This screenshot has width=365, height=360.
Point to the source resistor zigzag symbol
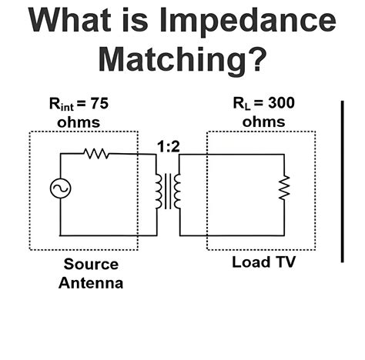click(x=97, y=153)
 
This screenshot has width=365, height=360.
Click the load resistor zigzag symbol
click(x=284, y=187)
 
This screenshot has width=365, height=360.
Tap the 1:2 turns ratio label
click(x=168, y=145)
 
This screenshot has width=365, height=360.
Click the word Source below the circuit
click(x=91, y=265)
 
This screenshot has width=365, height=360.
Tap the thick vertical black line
click(x=343, y=181)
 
